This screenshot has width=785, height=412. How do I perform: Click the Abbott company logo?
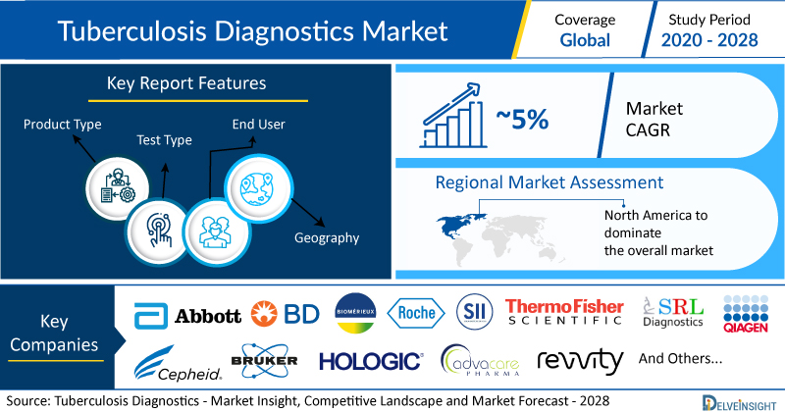pos(187,316)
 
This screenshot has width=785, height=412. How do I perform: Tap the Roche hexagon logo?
pos(416,313)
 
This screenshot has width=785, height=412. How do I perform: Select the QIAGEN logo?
pos(746,314)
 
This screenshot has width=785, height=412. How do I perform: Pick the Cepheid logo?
pos(178,363)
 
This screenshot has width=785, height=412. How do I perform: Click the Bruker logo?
pos(264,360)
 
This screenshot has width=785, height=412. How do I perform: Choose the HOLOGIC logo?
pos(371,361)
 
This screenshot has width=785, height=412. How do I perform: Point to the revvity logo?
pos(580,360)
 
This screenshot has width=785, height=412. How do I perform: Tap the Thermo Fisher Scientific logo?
pos(564,312)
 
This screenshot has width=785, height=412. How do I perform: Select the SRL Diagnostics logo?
pos(673,312)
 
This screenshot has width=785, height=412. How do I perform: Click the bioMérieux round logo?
pos(355,313)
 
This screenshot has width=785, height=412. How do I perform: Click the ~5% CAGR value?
pos(522,119)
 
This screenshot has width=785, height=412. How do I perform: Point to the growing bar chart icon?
pos(453,116)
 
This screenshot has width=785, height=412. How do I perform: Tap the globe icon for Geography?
pos(257,188)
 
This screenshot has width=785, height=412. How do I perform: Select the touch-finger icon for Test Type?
pos(159,230)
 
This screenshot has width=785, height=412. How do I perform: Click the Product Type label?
pos(63,125)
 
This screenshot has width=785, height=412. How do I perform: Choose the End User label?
pos(258,125)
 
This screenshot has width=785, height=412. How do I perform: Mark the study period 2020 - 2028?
pos(709,40)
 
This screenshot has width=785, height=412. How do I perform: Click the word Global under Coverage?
pos(585,40)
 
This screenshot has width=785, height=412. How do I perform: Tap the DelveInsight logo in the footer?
pos(740,403)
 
